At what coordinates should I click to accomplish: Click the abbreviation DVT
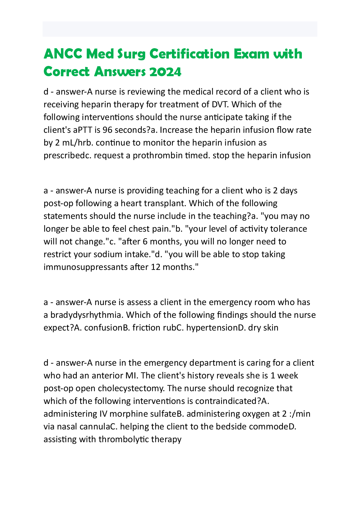point(220,104)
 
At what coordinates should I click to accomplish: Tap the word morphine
point(129,414)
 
